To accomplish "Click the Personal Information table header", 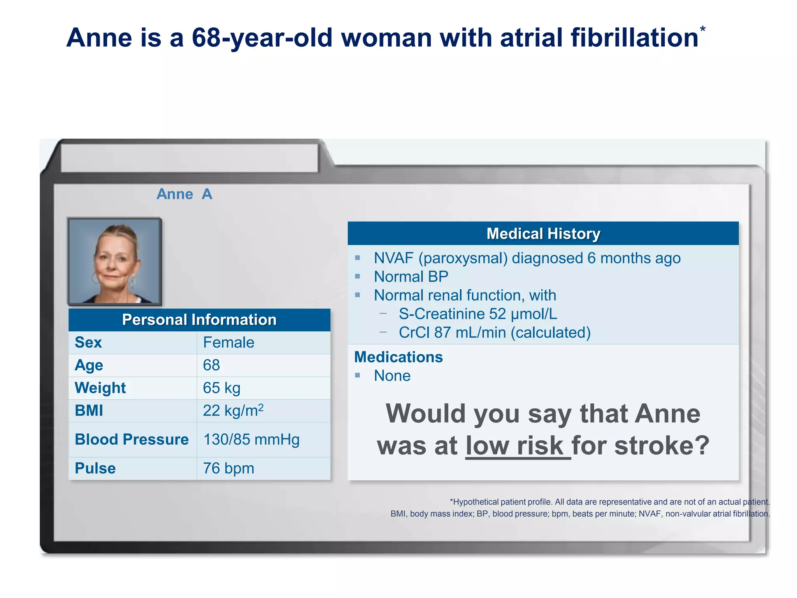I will (x=199, y=320).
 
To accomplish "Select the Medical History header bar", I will (x=543, y=234).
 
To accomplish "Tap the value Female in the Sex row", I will (x=228, y=343).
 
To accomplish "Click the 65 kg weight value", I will (x=221, y=388).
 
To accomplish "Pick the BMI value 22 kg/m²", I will (x=233, y=410).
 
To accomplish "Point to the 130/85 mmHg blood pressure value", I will (x=251, y=440).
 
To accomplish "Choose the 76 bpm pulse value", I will (x=228, y=468).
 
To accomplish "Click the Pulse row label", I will (x=95, y=468).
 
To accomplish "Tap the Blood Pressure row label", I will (x=132, y=440).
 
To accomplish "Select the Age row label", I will (x=89, y=365).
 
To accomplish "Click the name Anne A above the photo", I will (x=184, y=194).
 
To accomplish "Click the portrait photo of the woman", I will (x=114, y=261).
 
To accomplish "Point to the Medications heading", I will (x=398, y=357).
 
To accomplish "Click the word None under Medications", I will (x=392, y=376).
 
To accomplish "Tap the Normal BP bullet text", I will (x=411, y=277).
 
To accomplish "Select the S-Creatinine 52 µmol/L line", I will (x=477, y=314).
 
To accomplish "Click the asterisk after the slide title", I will (x=702, y=29).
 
